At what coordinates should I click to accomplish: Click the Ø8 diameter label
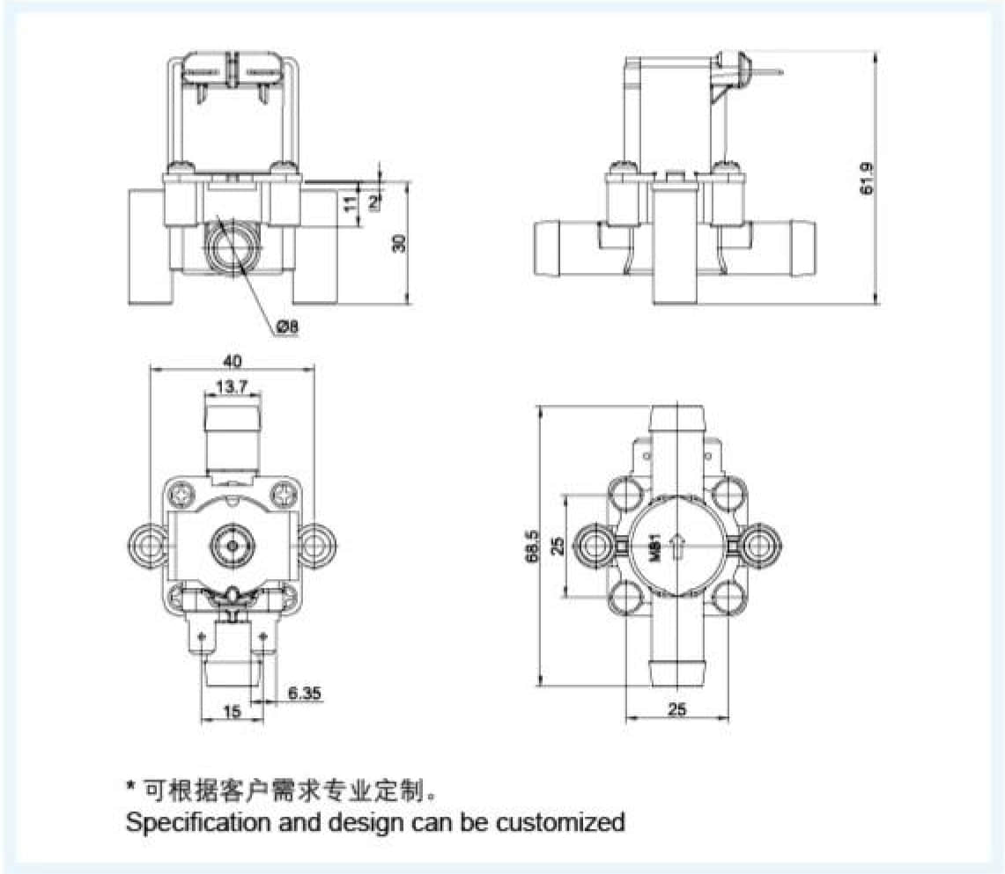click(288, 327)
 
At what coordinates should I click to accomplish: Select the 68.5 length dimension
click(530, 547)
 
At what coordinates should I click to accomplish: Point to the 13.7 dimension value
click(233, 386)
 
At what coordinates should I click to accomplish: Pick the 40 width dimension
click(233, 360)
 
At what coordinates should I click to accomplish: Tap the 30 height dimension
click(400, 243)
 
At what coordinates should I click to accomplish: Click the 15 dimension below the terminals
click(232, 713)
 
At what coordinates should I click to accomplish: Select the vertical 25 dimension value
click(557, 547)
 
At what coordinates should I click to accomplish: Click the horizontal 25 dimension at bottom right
click(676, 709)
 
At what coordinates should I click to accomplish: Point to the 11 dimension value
click(349, 204)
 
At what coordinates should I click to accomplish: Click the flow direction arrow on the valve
click(676, 547)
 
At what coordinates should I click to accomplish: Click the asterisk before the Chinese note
click(130, 786)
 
